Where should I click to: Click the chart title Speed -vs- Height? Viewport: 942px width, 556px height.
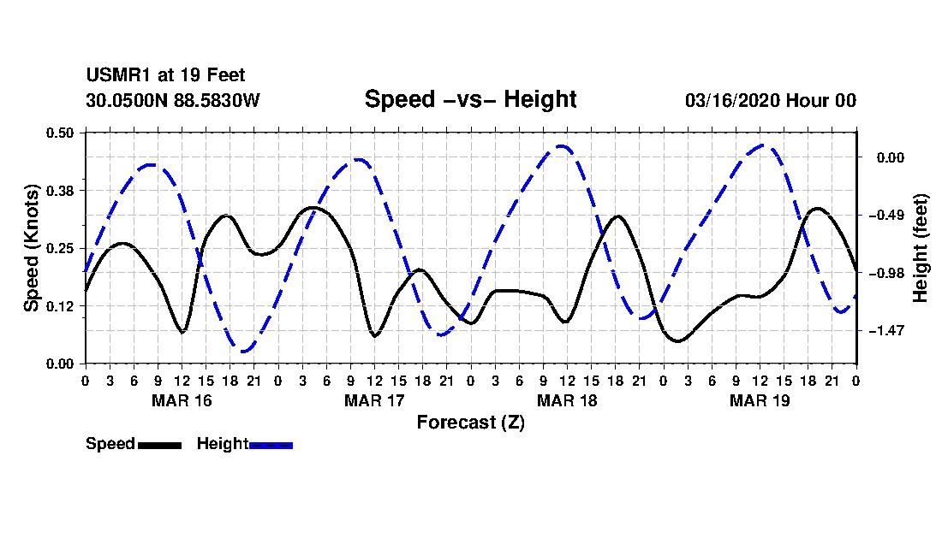tap(470, 99)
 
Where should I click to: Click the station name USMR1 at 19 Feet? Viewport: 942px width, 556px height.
tap(166, 75)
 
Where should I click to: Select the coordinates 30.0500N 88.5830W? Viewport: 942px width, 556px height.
tap(172, 100)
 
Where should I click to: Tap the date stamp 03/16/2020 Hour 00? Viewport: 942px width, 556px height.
tap(771, 100)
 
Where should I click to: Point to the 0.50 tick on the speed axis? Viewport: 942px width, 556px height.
tap(59, 133)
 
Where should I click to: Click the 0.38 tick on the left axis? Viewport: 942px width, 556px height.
tap(59, 191)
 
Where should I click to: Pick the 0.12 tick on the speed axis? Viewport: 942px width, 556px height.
tap(59, 306)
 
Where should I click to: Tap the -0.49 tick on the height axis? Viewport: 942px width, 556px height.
tap(886, 216)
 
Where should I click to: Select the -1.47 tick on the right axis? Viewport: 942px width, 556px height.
tap(886, 331)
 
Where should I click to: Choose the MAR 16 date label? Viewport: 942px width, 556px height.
tap(182, 400)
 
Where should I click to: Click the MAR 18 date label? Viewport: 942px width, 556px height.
tap(567, 400)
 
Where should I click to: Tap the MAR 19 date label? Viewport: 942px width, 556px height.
tap(760, 400)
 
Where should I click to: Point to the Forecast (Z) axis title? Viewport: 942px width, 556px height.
tap(471, 423)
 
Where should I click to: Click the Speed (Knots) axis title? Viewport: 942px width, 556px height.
tap(31, 248)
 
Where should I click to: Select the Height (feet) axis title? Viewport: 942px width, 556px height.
tap(920, 248)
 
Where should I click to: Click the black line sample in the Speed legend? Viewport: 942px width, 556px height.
tap(160, 445)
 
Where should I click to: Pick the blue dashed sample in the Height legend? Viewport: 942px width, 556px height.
tap(271, 445)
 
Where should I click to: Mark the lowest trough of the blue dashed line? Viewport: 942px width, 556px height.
tap(243, 352)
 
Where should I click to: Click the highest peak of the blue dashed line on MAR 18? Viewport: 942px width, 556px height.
tap(561, 145)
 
